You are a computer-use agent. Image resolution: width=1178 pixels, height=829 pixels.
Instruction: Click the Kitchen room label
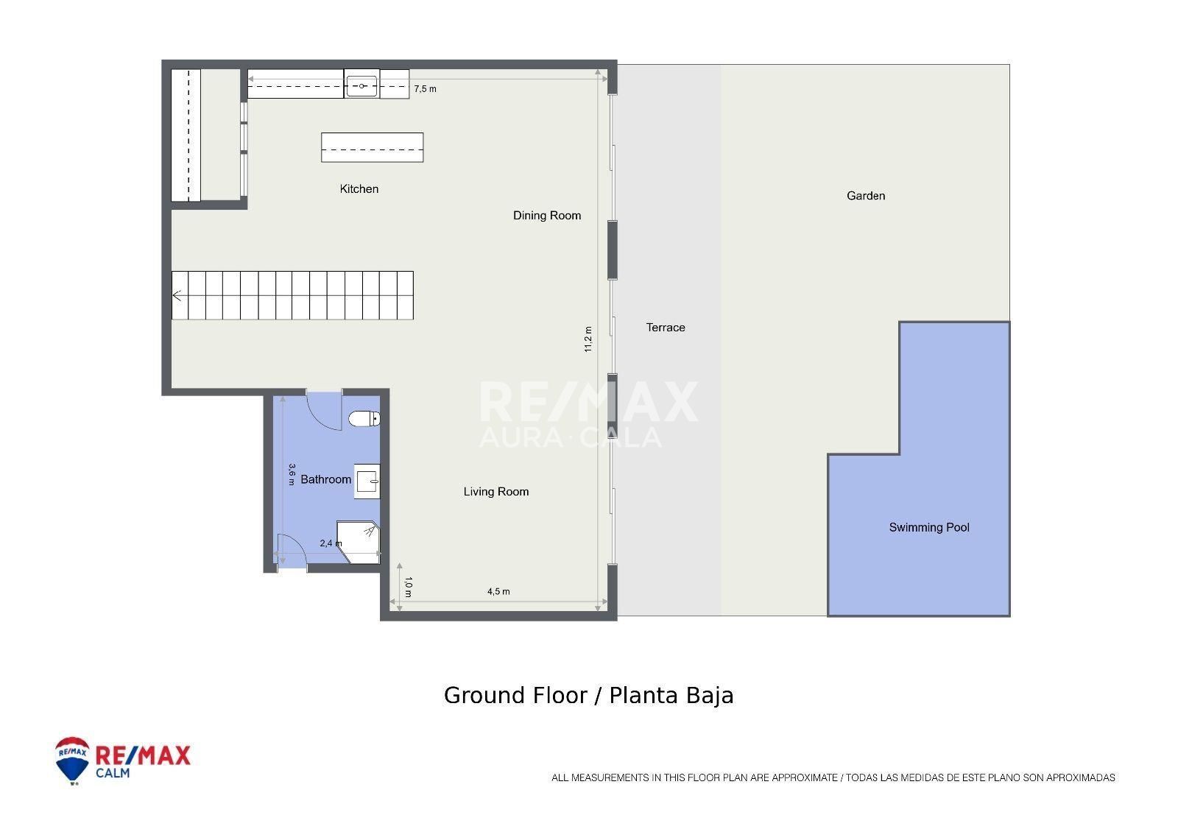pyautogui.click(x=359, y=188)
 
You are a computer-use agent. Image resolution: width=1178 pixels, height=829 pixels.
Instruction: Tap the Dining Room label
pyautogui.click(x=547, y=215)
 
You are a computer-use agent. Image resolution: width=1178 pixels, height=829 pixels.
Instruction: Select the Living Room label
pyautogui.click(x=496, y=491)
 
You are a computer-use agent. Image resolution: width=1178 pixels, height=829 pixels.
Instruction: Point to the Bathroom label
pyautogui.click(x=325, y=479)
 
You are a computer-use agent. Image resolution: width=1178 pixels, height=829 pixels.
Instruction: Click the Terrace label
pyautogui.click(x=666, y=327)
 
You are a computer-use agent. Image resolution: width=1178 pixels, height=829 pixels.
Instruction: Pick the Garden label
pyautogui.click(x=866, y=196)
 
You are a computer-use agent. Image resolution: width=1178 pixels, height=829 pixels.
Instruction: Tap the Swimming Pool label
pyautogui.click(x=928, y=527)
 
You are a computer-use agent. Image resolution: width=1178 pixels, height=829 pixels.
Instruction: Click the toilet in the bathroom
pyautogui.click(x=364, y=419)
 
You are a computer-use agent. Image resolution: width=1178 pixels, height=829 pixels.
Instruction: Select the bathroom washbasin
pyautogui.click(x=367, y=481)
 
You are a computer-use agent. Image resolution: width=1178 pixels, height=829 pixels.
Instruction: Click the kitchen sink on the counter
pyautogui.click(x=361, y=85)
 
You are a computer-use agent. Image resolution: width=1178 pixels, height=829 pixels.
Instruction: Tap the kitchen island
pyautogui.click(x=373, y=147)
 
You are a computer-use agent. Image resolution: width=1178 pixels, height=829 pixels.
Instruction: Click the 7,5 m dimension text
pyautogui.click(x=425, y=89)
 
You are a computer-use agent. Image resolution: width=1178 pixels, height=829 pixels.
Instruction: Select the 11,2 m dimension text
pyautogui.click(x=588, y=339)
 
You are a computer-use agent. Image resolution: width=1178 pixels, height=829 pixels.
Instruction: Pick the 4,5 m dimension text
pyautogui.click(x=498, y=591)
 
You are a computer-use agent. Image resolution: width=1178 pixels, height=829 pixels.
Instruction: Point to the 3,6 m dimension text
pyautogui.click(x=292, y=474)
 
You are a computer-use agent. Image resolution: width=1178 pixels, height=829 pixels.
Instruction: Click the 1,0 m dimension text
pyautogui.click(x=408, y=587)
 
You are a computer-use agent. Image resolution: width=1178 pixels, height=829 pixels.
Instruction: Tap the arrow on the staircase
pyautogui.click(x=177, y=296)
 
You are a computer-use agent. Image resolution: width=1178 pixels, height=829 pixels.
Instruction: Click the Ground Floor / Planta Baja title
pyautogui.click(x=588, y=696)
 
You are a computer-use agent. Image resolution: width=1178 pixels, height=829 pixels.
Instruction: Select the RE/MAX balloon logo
pyautogui.click(x=72, y=760)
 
